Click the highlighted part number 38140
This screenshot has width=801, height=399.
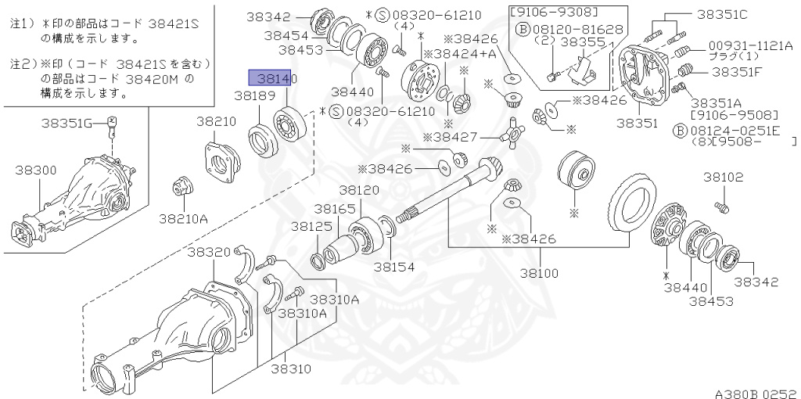[272, 78]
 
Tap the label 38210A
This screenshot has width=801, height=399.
[183, 217]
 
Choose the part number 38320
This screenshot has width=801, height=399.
[209, 252]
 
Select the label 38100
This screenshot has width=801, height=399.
[540, 273]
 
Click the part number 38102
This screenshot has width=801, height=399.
[723, 178]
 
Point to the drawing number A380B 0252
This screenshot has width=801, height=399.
[755, 390]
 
